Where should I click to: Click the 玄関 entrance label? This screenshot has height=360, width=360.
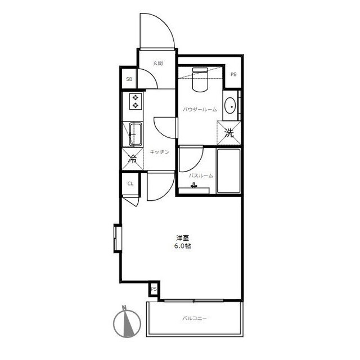[x=158, y=64]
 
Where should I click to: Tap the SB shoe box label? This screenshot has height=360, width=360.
[x=129, y=79]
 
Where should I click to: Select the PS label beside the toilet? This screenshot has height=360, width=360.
[x=233, y=74]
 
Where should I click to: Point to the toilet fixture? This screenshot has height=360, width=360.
[x=200, y=79]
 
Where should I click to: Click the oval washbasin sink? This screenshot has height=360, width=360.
[x=230, y=106]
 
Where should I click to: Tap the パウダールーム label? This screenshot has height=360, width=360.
[x=200, y=110]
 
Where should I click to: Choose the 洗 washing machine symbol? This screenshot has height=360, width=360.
[x=229, y=133]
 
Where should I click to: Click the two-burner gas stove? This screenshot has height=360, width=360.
[x=136, y=101]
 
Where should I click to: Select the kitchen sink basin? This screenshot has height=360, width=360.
[x=136, y=134]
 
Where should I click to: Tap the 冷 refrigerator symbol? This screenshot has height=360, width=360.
[x=133, y=159]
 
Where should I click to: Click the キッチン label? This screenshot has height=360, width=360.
[x=159, y=152]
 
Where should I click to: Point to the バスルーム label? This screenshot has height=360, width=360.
[x=201, y=176]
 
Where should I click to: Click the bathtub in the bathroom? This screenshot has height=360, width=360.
[x=229, y=171]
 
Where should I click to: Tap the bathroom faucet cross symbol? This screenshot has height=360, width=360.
[x=194, y=185]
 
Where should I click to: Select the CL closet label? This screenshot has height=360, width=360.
[x=130, y=184]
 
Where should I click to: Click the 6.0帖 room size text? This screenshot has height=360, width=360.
[x=182, y=246]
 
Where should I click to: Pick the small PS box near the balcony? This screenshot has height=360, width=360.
[x=154, y=289]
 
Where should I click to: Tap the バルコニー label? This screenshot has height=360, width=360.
[x=195, y=318]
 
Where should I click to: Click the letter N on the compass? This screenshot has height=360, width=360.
[x=125, y=308]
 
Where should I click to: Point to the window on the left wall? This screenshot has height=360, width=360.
[x=118, y=238]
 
